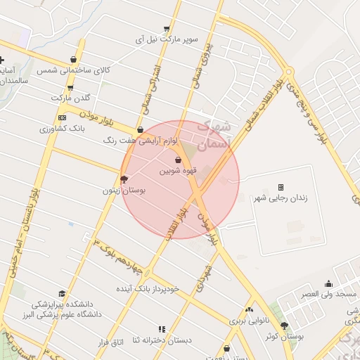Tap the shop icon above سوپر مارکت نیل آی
[167, 29]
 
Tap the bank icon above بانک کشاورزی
[63, 117]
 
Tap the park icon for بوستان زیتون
[124, 179]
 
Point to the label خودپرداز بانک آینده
[148, 288]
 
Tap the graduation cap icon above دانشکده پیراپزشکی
[62, 294]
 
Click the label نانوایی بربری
[247, 320]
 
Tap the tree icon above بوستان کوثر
[284, 326]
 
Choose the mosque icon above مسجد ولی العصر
[328, 283]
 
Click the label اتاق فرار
[110, 342]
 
